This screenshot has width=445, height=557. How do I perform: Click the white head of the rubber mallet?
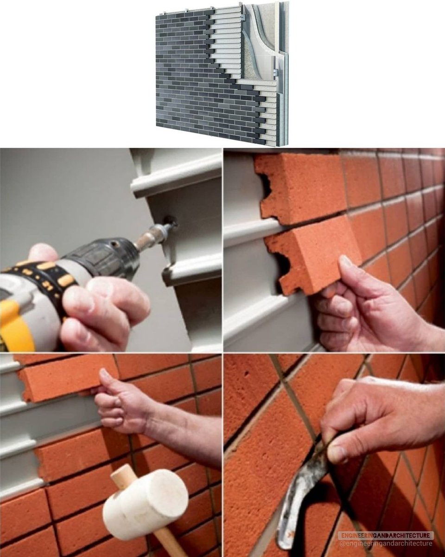click(x=145, y=494)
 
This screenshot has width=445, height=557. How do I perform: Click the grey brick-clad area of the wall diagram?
click(x=197, y=85)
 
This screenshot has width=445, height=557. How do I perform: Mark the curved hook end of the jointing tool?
click(x=285, y=528)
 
